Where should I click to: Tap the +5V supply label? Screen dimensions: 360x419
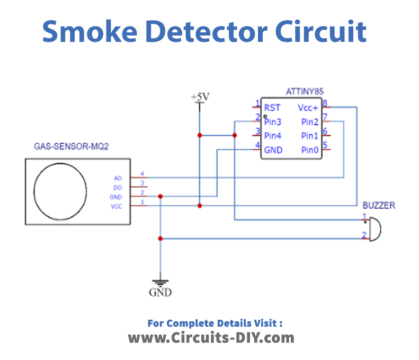[x=200, y=96]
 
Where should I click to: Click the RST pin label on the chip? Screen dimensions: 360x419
[x=272, y=107]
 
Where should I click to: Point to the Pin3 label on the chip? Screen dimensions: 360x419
[x=274, y=121]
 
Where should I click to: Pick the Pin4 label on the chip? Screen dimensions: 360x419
[x=274, y=134]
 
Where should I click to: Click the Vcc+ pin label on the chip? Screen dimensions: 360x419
[x=308, y=107]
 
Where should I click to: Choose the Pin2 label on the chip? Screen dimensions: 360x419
[x=309, y=121]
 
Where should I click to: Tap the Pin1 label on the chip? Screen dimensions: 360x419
[x=309, y=134]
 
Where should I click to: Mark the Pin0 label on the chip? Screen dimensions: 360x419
[x=309, y=148]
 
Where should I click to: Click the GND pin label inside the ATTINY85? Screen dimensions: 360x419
[x=274, y=148]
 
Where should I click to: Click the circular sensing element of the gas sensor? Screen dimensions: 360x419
[x=66, y=190]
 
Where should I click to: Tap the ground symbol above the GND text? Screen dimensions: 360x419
[x=160, y=282]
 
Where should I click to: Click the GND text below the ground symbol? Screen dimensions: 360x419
[x=160, y=295]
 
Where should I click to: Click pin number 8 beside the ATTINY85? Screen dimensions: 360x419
[x=326, y=102]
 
